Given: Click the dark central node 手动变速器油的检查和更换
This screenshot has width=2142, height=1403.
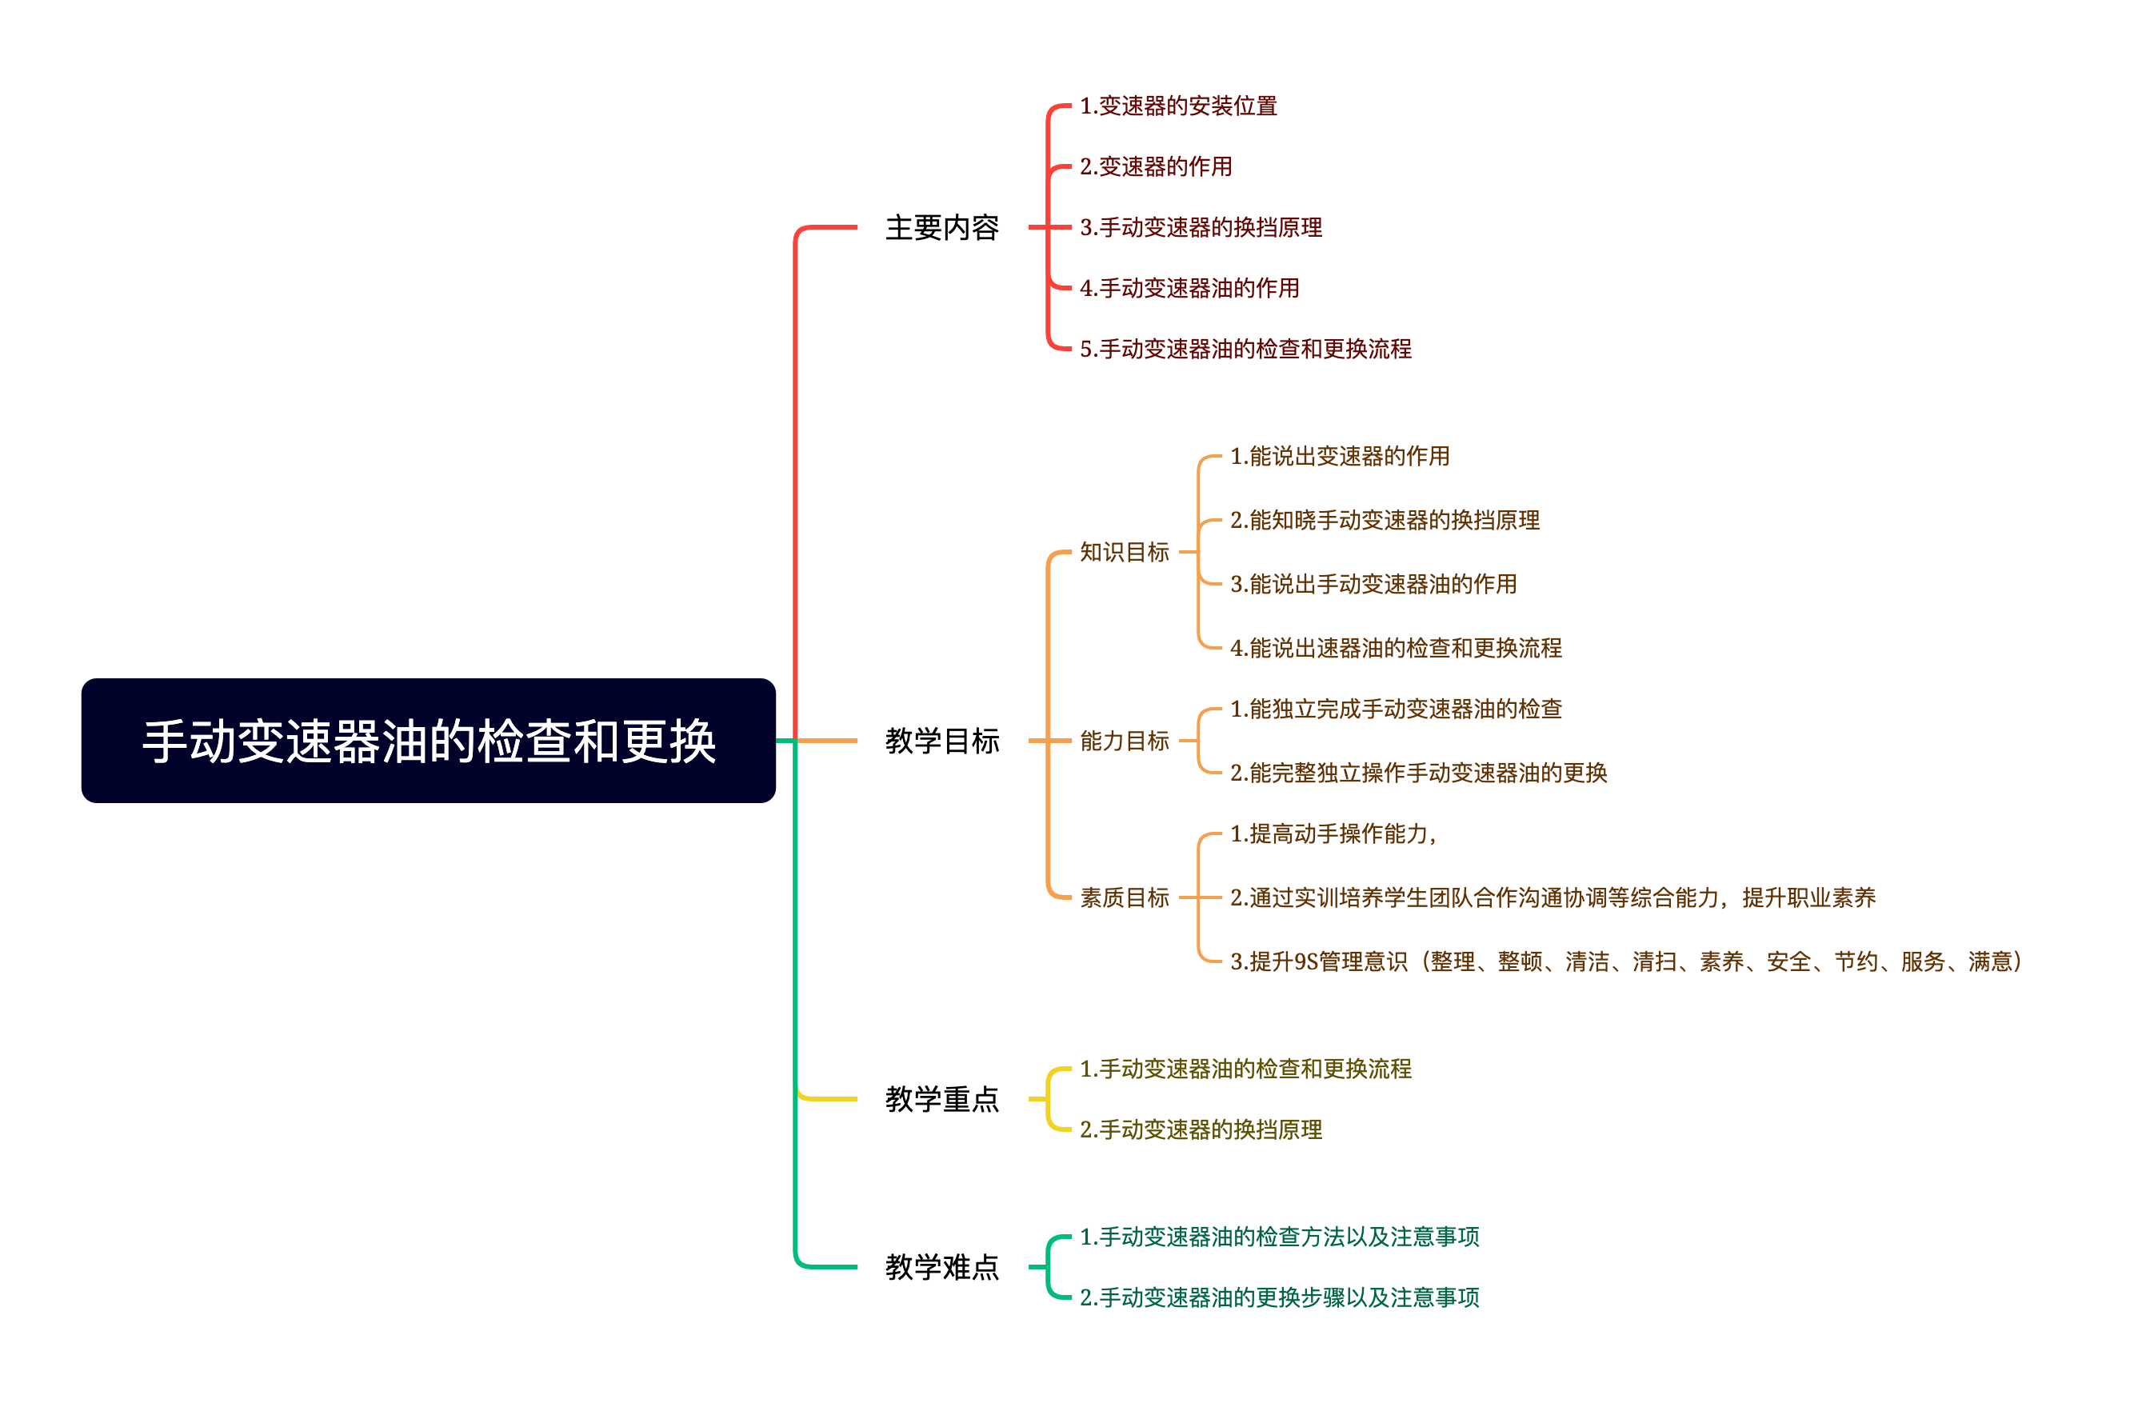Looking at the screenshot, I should pyautogui.click(x=429, y=741).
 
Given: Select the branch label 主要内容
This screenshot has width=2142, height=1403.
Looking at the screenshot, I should pyautogui.click(x=941, y=228).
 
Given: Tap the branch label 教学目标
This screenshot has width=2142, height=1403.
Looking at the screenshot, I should pyautogui.click(x=941, y=741).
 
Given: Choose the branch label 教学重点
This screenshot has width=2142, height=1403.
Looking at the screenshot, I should pyautogui.click(x=941, y=1099).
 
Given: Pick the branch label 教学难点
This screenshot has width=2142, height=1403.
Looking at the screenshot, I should pyautogui.click(x=941, y=1267).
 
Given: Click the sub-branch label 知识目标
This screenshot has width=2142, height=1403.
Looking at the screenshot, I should pyautogui.click(x=1124, y=552).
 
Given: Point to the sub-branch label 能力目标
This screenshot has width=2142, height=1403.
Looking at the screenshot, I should pyautogui.click(x=1124, y=741).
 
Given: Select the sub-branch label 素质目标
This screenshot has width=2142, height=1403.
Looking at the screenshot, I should pyautogui.click(x=1124, y=897).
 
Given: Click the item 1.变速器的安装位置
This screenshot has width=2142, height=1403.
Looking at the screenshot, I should pyautogui.click(x=1178, y=106).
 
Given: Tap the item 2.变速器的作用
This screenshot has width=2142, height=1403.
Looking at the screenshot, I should pyautogui.click(x=1156, y=166).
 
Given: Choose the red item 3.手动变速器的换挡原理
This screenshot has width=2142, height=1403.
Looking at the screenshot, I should pyautogui.click(x=1201, y=228).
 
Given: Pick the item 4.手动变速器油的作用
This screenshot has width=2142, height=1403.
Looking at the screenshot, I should pyautogui.click(x=1189, y=288).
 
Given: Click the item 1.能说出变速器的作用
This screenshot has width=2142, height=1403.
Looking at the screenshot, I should pyautogui.click(x=1339, y=456).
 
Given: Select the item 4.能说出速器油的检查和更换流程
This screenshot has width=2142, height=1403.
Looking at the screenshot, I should pyautogui.click(x=1395, y=648).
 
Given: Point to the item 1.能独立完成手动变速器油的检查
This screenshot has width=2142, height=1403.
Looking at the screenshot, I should pyautogui.click(x=1395, y=709).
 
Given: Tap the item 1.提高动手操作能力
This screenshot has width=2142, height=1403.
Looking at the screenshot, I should pyautogui.click(x=1332, y=834).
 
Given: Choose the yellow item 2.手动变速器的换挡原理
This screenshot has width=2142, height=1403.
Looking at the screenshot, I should pyautogui.click(x=1201, y=1129).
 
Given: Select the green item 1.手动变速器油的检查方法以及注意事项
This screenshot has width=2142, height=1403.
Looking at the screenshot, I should pyautogui.click(x=1279, y=1237).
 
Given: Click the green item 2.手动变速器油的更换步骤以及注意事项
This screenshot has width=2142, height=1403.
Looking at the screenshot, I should pyautogui.click(x=1279, y=1297).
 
